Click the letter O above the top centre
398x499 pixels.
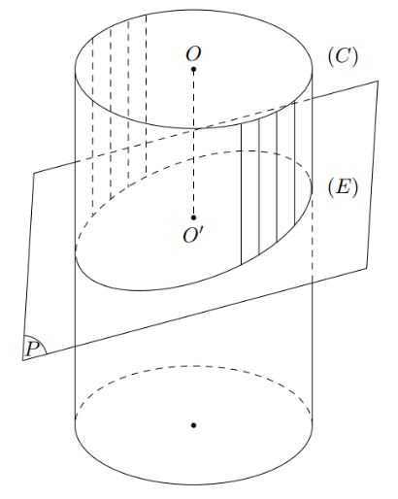193,54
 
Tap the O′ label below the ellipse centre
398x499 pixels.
194,235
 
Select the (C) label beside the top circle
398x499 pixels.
343,57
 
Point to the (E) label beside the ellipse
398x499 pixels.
343,187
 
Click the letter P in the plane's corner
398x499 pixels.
32,349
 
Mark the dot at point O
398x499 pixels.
193,69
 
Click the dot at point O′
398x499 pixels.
193,217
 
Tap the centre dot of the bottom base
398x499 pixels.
193,425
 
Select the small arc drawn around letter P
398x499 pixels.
41,341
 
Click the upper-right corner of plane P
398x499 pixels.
378,81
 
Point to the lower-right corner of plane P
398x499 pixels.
367,268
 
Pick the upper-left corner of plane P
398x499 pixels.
34,173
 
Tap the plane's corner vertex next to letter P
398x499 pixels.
22,360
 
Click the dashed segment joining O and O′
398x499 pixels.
193,144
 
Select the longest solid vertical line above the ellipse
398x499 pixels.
241,194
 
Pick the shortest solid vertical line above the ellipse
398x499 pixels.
294,163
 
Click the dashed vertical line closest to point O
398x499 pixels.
146,94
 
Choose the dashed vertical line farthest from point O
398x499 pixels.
93,126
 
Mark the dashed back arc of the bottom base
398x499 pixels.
193,366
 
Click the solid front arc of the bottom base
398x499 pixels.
193,484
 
